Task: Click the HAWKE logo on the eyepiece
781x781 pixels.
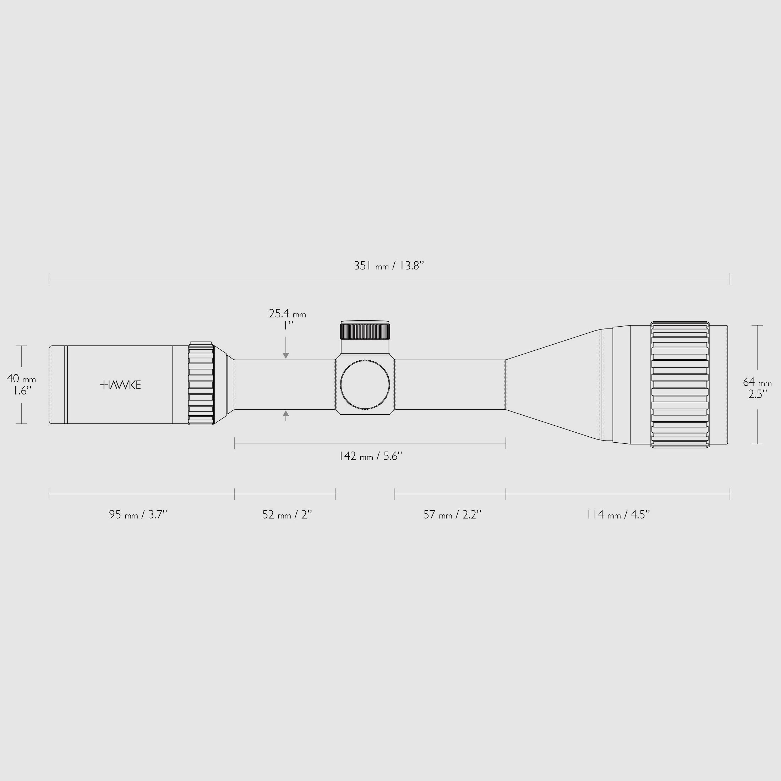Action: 120,385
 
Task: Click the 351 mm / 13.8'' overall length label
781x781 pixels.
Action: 389,266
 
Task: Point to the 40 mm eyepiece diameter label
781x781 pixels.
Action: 21,379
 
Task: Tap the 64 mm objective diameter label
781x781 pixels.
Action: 757,382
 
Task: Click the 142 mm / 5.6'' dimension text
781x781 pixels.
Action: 370,456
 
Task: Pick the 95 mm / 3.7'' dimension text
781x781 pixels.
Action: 138,515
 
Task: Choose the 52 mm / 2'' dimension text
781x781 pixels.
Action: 287,515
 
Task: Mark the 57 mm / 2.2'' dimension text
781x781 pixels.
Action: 452,515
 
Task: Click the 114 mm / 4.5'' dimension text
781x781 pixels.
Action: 618,515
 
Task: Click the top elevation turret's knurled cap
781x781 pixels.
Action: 365,331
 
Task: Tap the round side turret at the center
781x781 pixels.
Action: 365,384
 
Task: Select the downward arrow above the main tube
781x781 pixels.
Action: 286,355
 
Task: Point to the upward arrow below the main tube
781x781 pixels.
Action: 286,414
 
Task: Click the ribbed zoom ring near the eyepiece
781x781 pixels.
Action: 201,384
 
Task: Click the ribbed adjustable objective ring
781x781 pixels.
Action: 680,384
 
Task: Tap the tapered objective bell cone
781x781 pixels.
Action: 554,384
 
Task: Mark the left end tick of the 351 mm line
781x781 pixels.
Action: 49,279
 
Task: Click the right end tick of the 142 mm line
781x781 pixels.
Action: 506,443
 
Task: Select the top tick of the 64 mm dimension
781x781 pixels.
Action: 757,325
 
